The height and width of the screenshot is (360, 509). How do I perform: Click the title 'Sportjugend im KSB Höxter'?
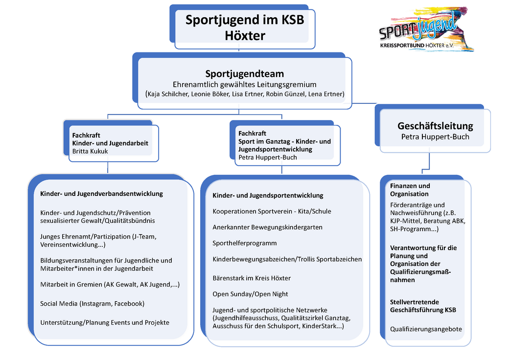(x=245, y=27)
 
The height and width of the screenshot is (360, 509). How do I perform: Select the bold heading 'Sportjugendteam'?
(x=244, y=74)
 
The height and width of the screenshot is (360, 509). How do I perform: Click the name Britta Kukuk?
(x=90, y=151)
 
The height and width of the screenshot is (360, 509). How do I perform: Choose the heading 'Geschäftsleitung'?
(x=435, y=126)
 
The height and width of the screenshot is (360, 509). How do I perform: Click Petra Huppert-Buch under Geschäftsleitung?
(x=435, y=137)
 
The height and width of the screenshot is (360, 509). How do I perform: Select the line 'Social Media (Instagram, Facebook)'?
(x=92, y=304)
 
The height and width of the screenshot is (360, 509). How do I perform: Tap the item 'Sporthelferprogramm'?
(x=245, y=243)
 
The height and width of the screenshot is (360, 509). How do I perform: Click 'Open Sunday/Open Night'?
(x=250, y=294)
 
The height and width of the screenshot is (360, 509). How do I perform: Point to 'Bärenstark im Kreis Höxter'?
(x=252, y=278)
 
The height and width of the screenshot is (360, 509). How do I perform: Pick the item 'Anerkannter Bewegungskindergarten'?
(x=267, y=227)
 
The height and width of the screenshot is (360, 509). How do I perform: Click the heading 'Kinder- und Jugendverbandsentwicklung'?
(x=101, y=193)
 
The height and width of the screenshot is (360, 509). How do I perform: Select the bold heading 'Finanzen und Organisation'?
(x=410, y=190)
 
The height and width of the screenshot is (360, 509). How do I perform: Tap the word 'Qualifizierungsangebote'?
(x=426, y=329)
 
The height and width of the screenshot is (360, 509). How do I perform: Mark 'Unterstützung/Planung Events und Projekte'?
(x=105, y=322)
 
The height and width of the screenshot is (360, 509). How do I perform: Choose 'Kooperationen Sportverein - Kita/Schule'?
(x=272, y=211)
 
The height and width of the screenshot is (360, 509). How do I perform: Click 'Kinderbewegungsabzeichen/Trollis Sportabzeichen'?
(x=287, y=259)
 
